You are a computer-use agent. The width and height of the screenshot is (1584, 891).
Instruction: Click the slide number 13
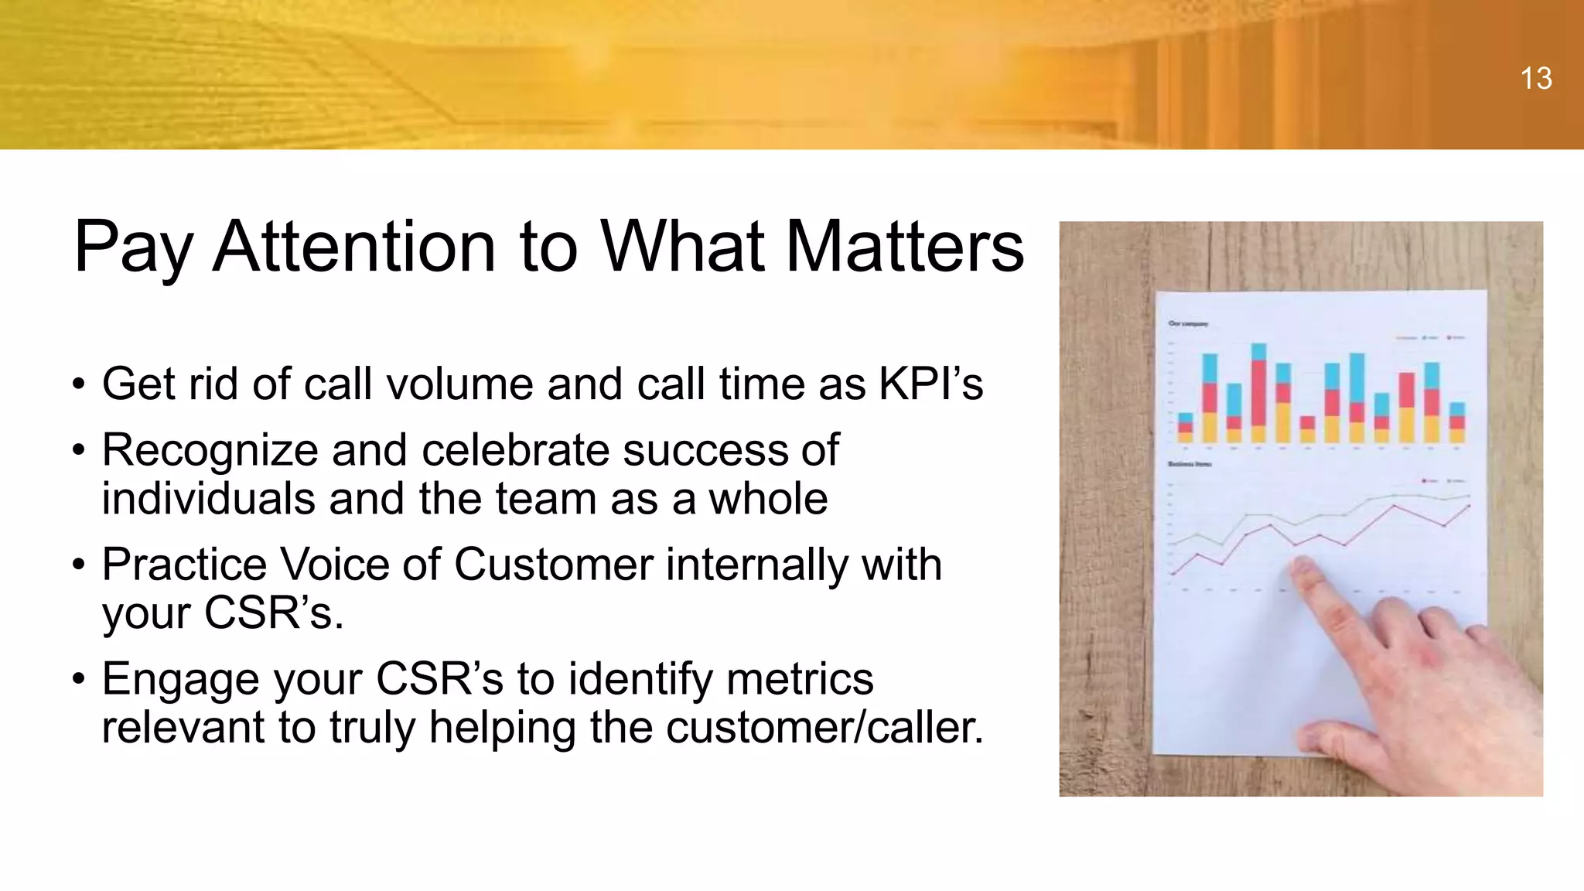[x=1535, y=79]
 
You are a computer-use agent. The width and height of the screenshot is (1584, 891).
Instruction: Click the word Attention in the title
[x=353, y=247]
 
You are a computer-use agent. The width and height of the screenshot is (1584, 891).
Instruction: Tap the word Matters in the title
[x=904, y=247]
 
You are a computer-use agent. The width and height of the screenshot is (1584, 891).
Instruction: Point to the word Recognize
[x=210, y=450]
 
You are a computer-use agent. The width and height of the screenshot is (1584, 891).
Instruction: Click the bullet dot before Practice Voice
[x=78, y=565]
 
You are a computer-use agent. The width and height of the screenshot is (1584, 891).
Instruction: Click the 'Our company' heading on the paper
[x=1187, y=324]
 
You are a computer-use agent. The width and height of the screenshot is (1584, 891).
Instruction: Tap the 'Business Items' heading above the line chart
[x=1190, y=464]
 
